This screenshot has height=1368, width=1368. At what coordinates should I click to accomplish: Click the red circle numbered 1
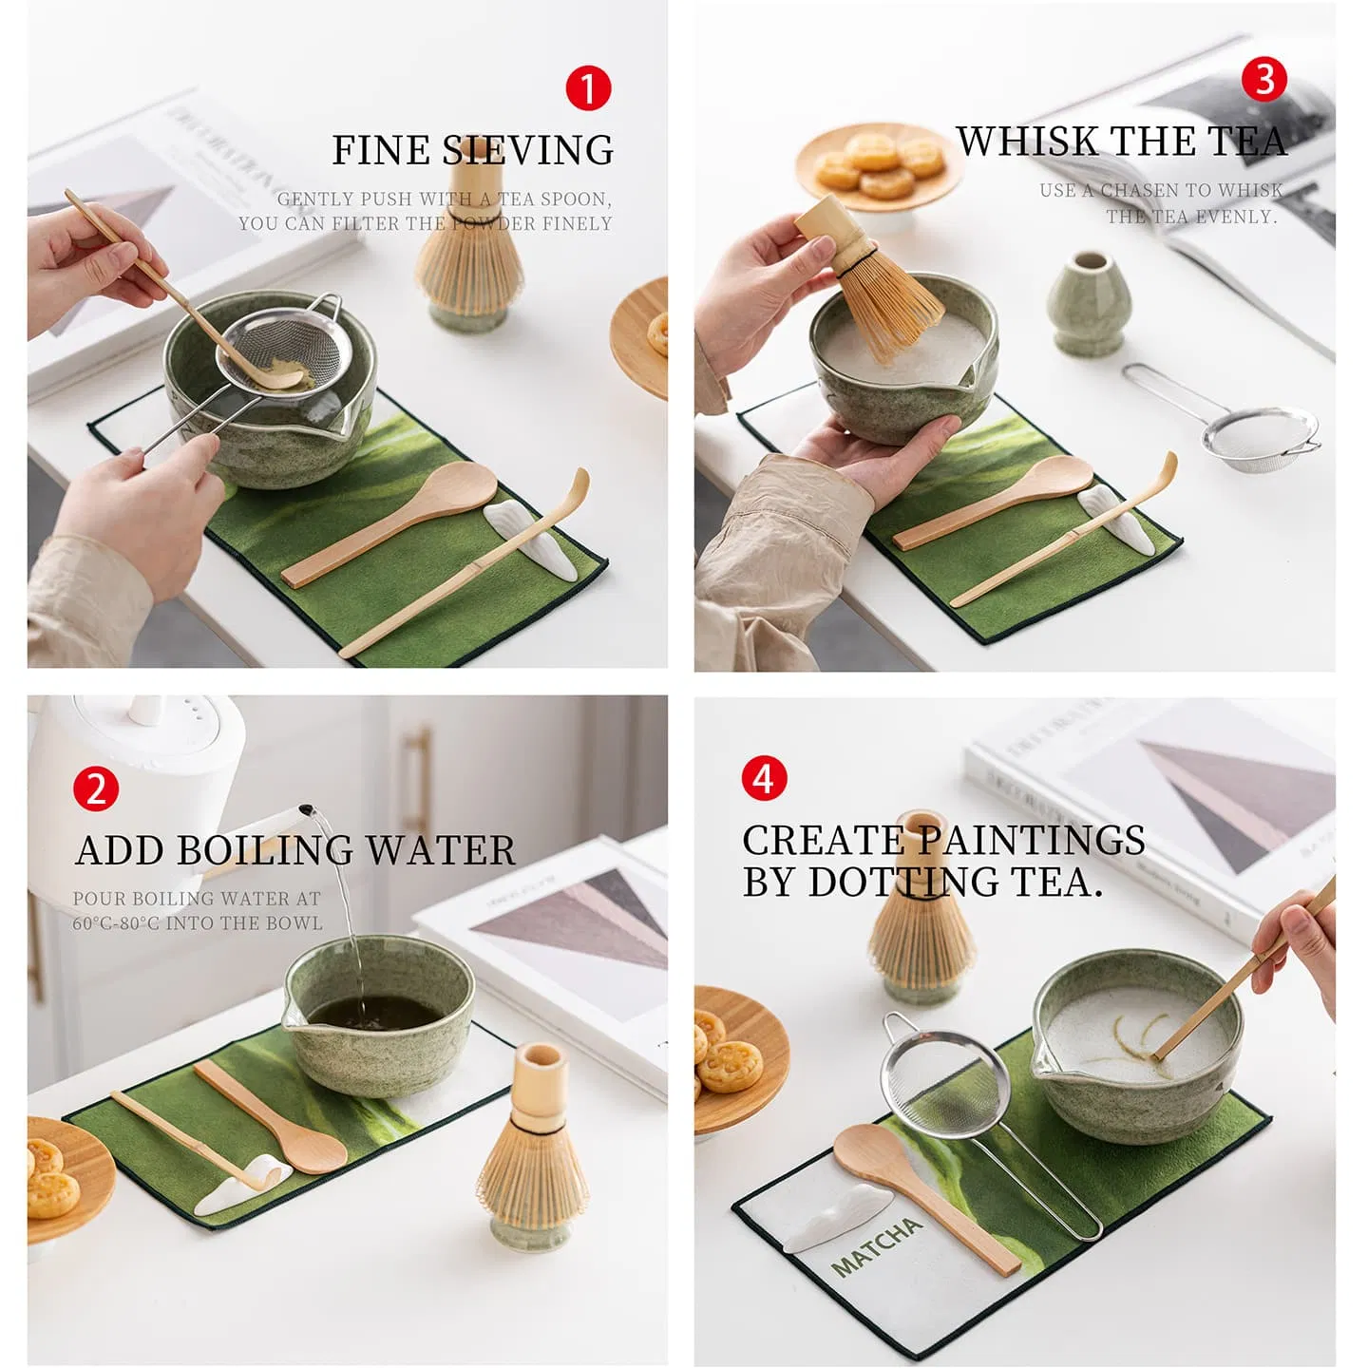click(588, 88)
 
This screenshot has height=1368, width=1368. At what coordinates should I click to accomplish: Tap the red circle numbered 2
click(96, 789)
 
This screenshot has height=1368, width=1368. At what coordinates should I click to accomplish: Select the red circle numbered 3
click(1264, 79)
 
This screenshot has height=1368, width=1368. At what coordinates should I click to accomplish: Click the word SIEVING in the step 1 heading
click(528, 151)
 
